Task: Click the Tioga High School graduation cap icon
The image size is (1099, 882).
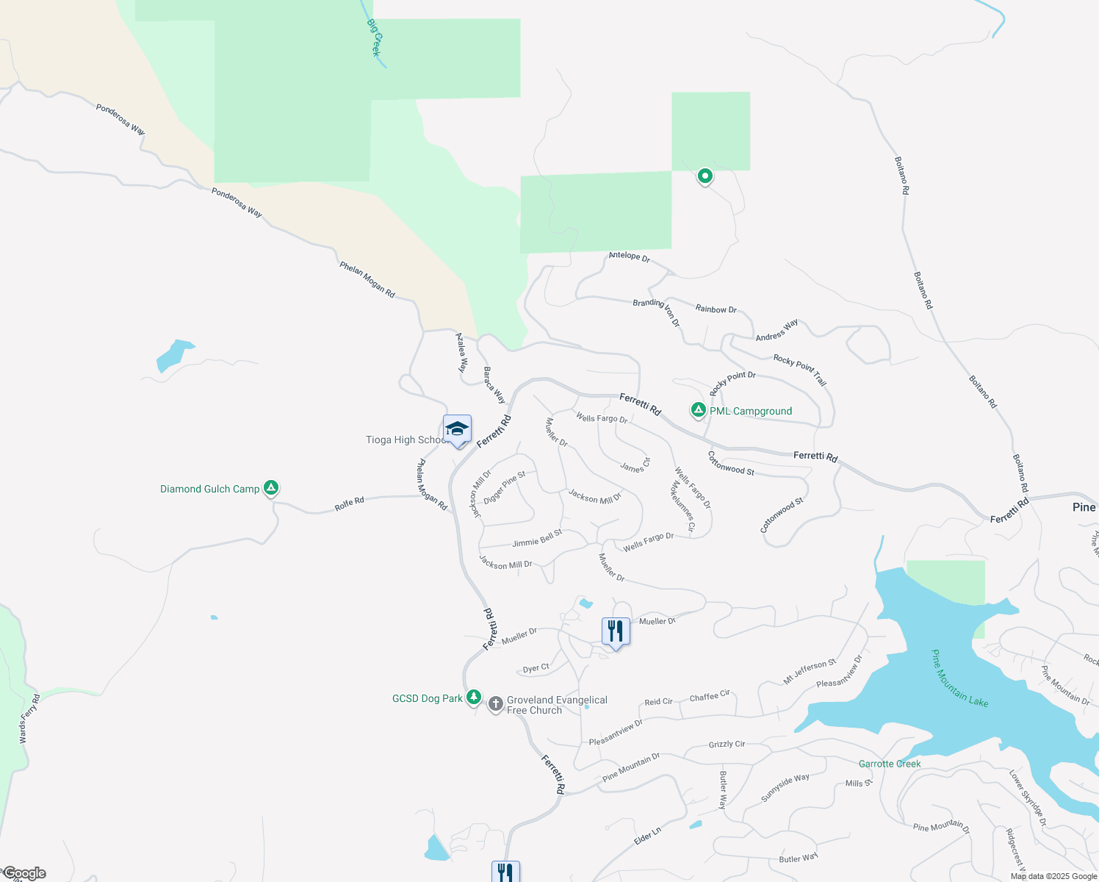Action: click(457, 430)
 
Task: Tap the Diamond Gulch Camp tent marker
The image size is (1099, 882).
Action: click(271, 487)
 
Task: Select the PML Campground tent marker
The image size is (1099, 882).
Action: click(698, 410)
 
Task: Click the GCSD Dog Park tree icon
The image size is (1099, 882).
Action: click(474, 698)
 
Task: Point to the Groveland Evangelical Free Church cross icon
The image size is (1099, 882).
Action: click(496, 704)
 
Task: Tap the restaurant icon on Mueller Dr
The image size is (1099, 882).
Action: click(616, 631)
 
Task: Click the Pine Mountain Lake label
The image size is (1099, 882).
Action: click(959, 678)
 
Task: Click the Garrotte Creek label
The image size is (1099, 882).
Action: click(890, 764)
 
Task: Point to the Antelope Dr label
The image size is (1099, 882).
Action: click(629, 257)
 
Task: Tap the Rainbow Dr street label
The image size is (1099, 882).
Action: click(716, 309)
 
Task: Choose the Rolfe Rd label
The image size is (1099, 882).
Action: click(349, 504)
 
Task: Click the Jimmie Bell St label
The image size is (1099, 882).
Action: click(537, 539)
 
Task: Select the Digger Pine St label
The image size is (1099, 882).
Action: click(505, 488)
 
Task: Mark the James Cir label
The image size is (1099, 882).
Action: click(635, 465)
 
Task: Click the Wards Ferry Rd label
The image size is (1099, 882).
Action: click(30, 719)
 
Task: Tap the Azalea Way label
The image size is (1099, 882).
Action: click(461, 353)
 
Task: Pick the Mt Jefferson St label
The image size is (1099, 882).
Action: click(810, 672)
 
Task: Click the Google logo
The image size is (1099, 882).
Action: click(24, 873)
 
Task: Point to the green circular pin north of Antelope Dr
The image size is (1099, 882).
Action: click(705, 176)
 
